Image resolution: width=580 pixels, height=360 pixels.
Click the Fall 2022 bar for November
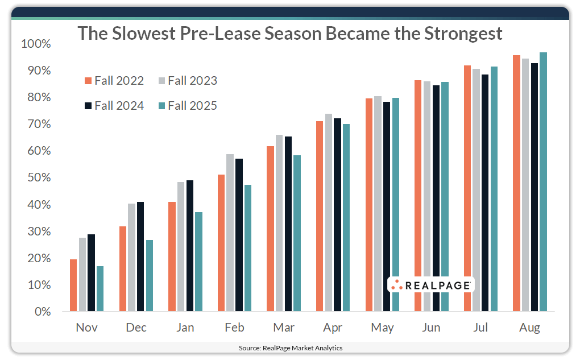[73, 285]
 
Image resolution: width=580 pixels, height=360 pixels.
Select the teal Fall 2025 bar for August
[543, 182]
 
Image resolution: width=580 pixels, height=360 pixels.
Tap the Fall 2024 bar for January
[189, 246]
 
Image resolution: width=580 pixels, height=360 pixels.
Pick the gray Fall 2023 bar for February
[230, 233]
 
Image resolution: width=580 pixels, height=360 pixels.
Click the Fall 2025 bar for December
[150, 276]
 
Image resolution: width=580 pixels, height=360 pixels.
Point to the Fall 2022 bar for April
[320, 216]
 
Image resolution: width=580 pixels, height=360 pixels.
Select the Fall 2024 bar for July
[484, 193]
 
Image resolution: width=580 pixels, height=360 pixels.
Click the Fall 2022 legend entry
[114, 81]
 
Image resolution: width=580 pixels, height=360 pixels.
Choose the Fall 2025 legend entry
[187, 106]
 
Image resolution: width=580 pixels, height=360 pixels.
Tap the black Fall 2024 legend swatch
[88, 106]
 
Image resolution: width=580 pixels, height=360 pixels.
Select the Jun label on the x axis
[432, 328]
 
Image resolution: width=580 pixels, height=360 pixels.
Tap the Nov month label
[87, 328]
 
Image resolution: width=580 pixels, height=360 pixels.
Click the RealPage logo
[430, 285]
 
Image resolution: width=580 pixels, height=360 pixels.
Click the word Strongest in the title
[463, 33]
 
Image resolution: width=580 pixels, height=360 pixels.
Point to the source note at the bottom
[290, 347]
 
